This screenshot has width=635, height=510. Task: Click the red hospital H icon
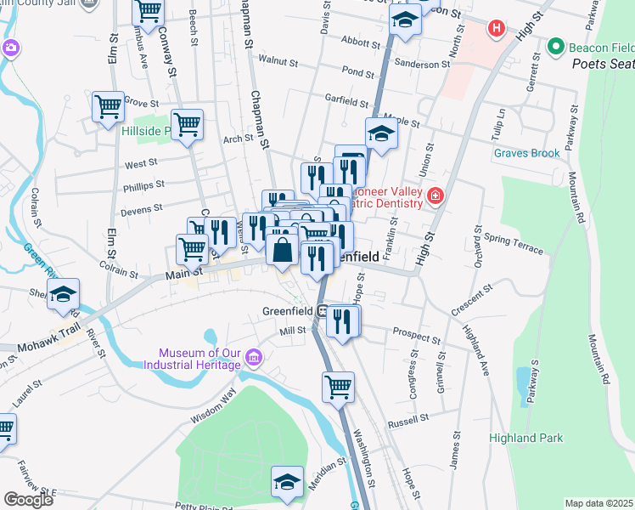(497, 29)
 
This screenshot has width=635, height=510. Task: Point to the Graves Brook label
(527, 154)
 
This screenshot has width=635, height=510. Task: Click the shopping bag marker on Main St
(282, 251)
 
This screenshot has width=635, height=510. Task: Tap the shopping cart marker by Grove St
(109, 107)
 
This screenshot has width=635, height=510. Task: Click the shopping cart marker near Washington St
(338, 388)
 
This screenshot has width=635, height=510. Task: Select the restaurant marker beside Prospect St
(343, 321)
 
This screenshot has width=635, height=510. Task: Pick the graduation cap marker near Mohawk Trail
(63, 294)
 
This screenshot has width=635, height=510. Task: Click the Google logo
(28, 500)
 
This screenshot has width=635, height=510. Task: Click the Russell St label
(408, 422)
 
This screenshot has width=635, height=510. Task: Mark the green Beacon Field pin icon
(556, 46)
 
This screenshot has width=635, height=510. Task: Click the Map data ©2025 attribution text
(598, 503)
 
